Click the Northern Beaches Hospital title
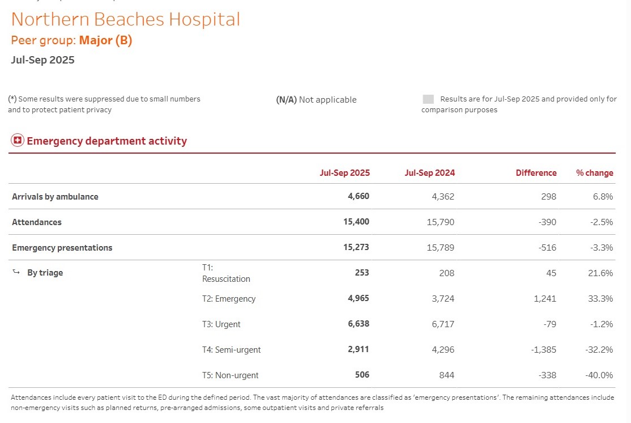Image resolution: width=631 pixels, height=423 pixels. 125,19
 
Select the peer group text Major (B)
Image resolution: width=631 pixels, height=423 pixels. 105,40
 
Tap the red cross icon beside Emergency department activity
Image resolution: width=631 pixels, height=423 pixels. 18,141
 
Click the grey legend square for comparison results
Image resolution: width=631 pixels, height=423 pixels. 428,99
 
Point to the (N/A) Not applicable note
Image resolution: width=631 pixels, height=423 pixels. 316,100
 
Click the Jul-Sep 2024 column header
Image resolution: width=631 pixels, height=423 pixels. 429,173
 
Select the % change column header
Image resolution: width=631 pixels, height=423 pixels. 594,173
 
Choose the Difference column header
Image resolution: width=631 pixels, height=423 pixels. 536,173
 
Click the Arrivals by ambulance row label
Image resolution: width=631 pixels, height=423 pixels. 55,197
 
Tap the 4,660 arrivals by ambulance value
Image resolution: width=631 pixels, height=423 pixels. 358,196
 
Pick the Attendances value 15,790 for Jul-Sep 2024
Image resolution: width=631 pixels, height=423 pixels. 440,222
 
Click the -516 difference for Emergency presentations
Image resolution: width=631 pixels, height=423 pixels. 548,248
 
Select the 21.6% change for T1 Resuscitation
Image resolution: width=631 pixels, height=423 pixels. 600,273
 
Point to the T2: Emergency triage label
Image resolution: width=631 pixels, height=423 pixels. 229,299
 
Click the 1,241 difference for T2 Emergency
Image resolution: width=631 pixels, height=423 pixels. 545,299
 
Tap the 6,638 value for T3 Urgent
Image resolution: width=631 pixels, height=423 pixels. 358,324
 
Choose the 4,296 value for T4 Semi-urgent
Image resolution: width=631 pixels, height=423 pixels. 443,350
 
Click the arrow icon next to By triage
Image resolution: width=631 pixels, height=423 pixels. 16,273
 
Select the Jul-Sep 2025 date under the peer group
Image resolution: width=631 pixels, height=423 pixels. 42,60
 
